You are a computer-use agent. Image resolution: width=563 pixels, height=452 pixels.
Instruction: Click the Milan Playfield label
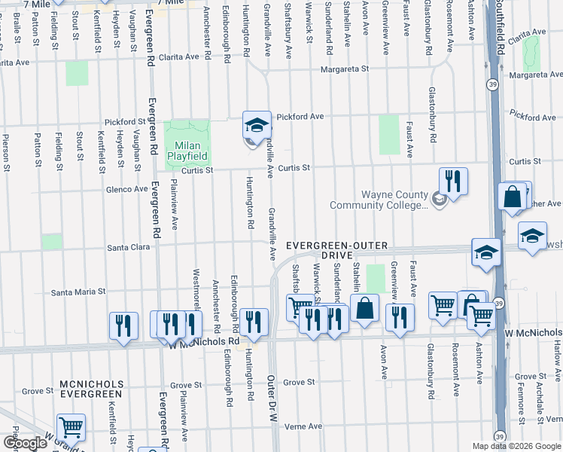pos(187,150)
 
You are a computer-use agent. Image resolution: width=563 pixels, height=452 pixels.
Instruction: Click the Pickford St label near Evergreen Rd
pos(125,121)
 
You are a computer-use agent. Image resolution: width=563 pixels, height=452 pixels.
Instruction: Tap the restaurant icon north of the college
pos(453,181)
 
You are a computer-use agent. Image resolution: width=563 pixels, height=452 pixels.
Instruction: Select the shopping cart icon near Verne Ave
pos(71,428)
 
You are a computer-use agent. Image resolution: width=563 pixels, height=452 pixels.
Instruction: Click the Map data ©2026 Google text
pos(516,446)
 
